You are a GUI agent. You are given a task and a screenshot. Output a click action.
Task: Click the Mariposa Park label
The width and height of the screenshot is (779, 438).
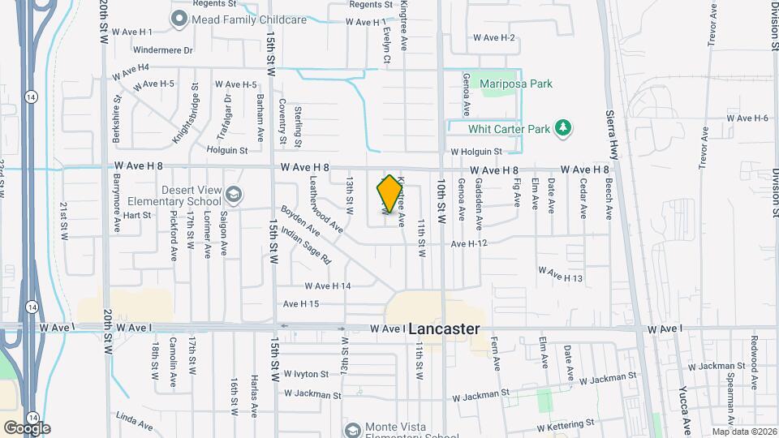coord(515,84)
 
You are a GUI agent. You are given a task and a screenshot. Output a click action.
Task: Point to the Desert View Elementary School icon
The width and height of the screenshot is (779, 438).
coord(234,195)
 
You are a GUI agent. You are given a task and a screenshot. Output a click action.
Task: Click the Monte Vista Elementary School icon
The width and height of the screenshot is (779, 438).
coord(351,429)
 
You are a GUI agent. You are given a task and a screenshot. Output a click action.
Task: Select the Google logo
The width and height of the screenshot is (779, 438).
coord(26,427)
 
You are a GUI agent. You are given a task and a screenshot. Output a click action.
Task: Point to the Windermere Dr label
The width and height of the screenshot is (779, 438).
coord(165,49)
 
